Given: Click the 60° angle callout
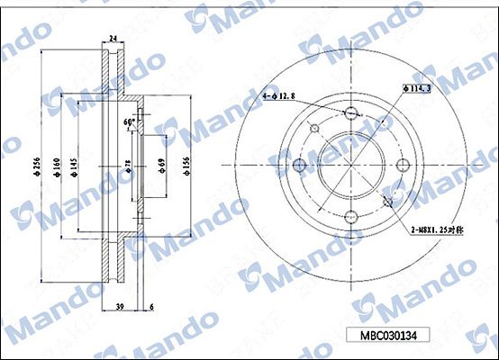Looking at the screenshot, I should click(130, 121).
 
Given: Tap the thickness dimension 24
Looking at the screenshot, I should click(113, 38).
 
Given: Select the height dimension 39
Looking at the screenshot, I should click(119, 306).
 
